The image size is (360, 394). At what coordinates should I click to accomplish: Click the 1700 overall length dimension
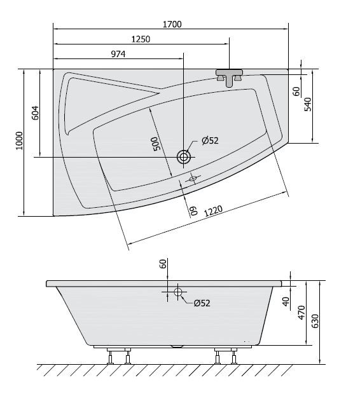click(x=172, y=25)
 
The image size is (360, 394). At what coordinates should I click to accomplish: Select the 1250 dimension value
click(x=141, y=39)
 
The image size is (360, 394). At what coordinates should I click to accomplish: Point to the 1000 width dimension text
click(x=19, y=141)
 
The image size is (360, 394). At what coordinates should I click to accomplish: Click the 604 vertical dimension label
click(x=36, y=112)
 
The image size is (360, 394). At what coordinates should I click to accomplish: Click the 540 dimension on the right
click(x=308, y=105)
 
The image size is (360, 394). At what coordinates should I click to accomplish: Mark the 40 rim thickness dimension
click(x=287, y=302)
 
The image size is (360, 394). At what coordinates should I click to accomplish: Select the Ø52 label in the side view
click(x=202, y=303)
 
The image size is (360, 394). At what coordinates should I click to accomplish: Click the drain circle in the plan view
click(x=184, y=156)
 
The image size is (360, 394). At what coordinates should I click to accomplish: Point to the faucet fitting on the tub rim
click(x=231, y=77)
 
